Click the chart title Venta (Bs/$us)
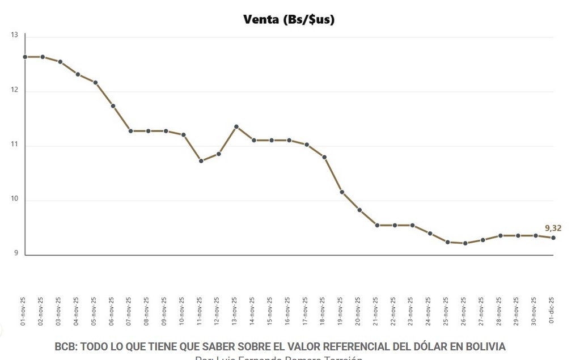(x=289, y=20)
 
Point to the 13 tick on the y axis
(x=14, y=35)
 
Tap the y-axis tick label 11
(x=14, y=145)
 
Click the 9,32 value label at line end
(x=553, y=228)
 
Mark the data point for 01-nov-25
(x=25, y=57)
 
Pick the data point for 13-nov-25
(x=236, y=126)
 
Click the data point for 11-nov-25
(x=201, y=161)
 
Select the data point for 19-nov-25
(x=342, y=192)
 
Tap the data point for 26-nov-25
(x=465, y=243)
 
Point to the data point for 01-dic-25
(x=553, y=238)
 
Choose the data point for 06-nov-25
(x=113, y=106)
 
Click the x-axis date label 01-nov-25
(x=23, y=310)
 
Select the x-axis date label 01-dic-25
(x=552, y=310)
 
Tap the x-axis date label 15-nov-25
(x=270, y=310)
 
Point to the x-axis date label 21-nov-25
(x=376, y=310)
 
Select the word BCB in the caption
(x=65, y=346)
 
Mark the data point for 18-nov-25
(x=324, y=157)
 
